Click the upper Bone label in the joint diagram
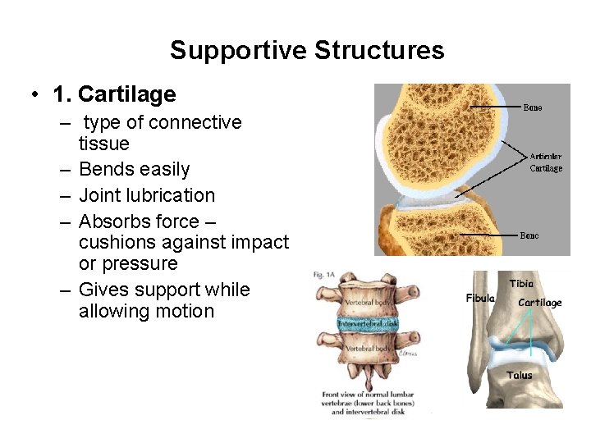pos(533,107)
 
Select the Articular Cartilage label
pos(546,162)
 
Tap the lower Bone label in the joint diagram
pos(530,235)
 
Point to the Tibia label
pos(521,284)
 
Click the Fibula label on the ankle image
pos(481,299)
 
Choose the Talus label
pos(519,376)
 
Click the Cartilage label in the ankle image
pos(540,303)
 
